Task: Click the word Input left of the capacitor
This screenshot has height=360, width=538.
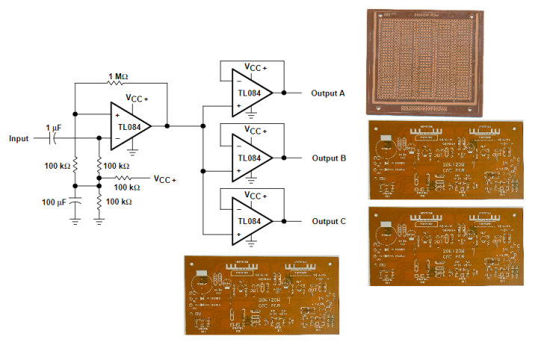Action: [19, 138]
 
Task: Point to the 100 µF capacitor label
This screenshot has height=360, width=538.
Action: [54, 202]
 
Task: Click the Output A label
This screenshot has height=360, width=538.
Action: [328, 93]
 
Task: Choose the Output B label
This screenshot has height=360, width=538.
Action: [328, 158]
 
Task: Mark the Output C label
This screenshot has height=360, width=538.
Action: [328, 221]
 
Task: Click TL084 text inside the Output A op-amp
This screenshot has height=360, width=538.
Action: [250, 94]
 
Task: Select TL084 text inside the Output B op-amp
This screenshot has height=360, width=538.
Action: [250, 158]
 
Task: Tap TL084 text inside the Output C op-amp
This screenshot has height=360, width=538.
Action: [250, 222]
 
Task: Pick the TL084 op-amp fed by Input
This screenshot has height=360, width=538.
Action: [129, 126]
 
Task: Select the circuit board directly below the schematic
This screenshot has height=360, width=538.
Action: [262, 294]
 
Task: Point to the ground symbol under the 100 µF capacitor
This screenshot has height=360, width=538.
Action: [75, 220]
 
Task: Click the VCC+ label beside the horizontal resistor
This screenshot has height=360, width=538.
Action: [164, 179]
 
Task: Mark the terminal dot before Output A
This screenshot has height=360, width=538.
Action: [284, 93]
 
